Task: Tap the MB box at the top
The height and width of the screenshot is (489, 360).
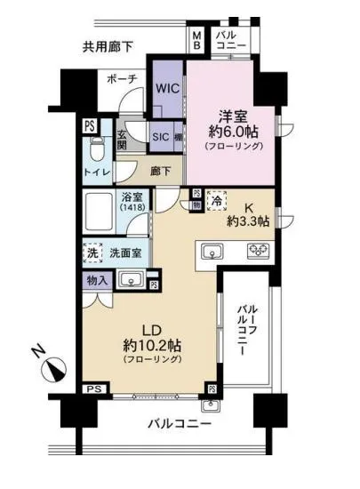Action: tap(196, 41)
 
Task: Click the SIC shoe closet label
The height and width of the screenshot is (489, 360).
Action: tap(160, 136)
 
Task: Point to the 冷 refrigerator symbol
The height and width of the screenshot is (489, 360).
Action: tap(216, 202)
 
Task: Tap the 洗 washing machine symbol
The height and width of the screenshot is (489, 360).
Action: tap(93, 253)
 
